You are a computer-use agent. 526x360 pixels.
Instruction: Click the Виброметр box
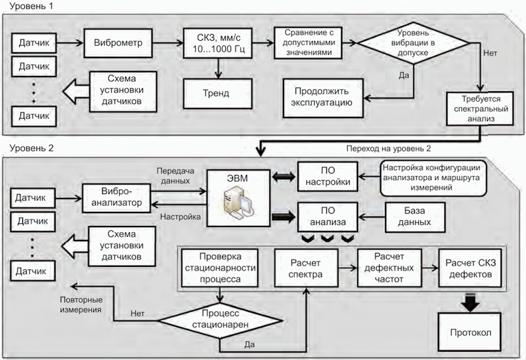tap(118, 43)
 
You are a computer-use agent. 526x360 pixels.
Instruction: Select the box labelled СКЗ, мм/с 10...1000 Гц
tap(218, 43)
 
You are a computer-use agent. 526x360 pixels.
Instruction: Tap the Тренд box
tap(218, 94)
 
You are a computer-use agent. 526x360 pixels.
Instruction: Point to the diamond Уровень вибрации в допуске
tap(413, 43)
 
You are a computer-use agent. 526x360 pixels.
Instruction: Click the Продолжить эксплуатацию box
tap(323, 98)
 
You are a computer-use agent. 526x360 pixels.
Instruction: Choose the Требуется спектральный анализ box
tap(480, 109)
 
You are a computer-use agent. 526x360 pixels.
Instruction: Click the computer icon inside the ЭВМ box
tap(239, 202)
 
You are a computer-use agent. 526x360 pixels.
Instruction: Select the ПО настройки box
tap(327, 176)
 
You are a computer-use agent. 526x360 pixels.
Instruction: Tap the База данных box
tap(416, 217)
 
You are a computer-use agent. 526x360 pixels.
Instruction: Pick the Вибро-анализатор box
tap(116, 198)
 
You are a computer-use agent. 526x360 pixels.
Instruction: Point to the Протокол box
tap(470, 332)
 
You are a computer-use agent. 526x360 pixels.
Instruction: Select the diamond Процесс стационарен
tap(220, 320)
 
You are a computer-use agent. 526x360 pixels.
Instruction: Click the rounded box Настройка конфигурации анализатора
tap(433, 178)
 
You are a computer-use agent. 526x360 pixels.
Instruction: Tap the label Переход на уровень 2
tap(389, 149)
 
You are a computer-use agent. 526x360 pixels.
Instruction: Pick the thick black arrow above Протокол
tap(470, 302)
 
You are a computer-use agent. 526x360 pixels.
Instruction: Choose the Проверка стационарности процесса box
tap(220, 267)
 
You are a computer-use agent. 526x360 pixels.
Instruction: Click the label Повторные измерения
tap(81, 304)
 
